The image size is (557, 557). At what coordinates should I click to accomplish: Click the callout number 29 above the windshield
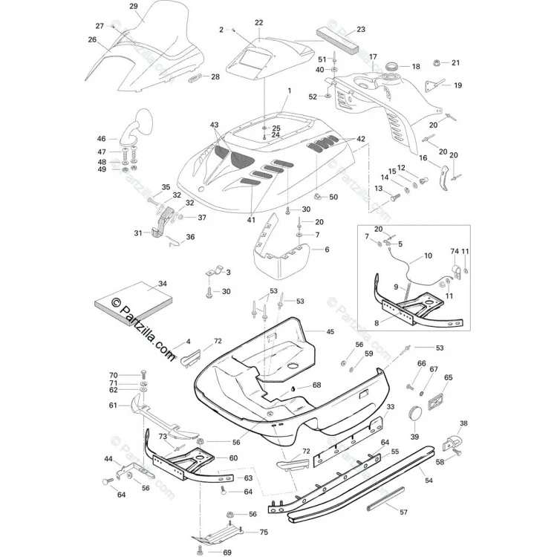[x=134, y=6]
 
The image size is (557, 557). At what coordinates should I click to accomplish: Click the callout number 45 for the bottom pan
[x=330, y=331]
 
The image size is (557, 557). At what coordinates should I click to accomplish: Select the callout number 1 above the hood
[x=289, y=91]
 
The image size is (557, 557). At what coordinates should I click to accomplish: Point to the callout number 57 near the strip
[x=403, y=512]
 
